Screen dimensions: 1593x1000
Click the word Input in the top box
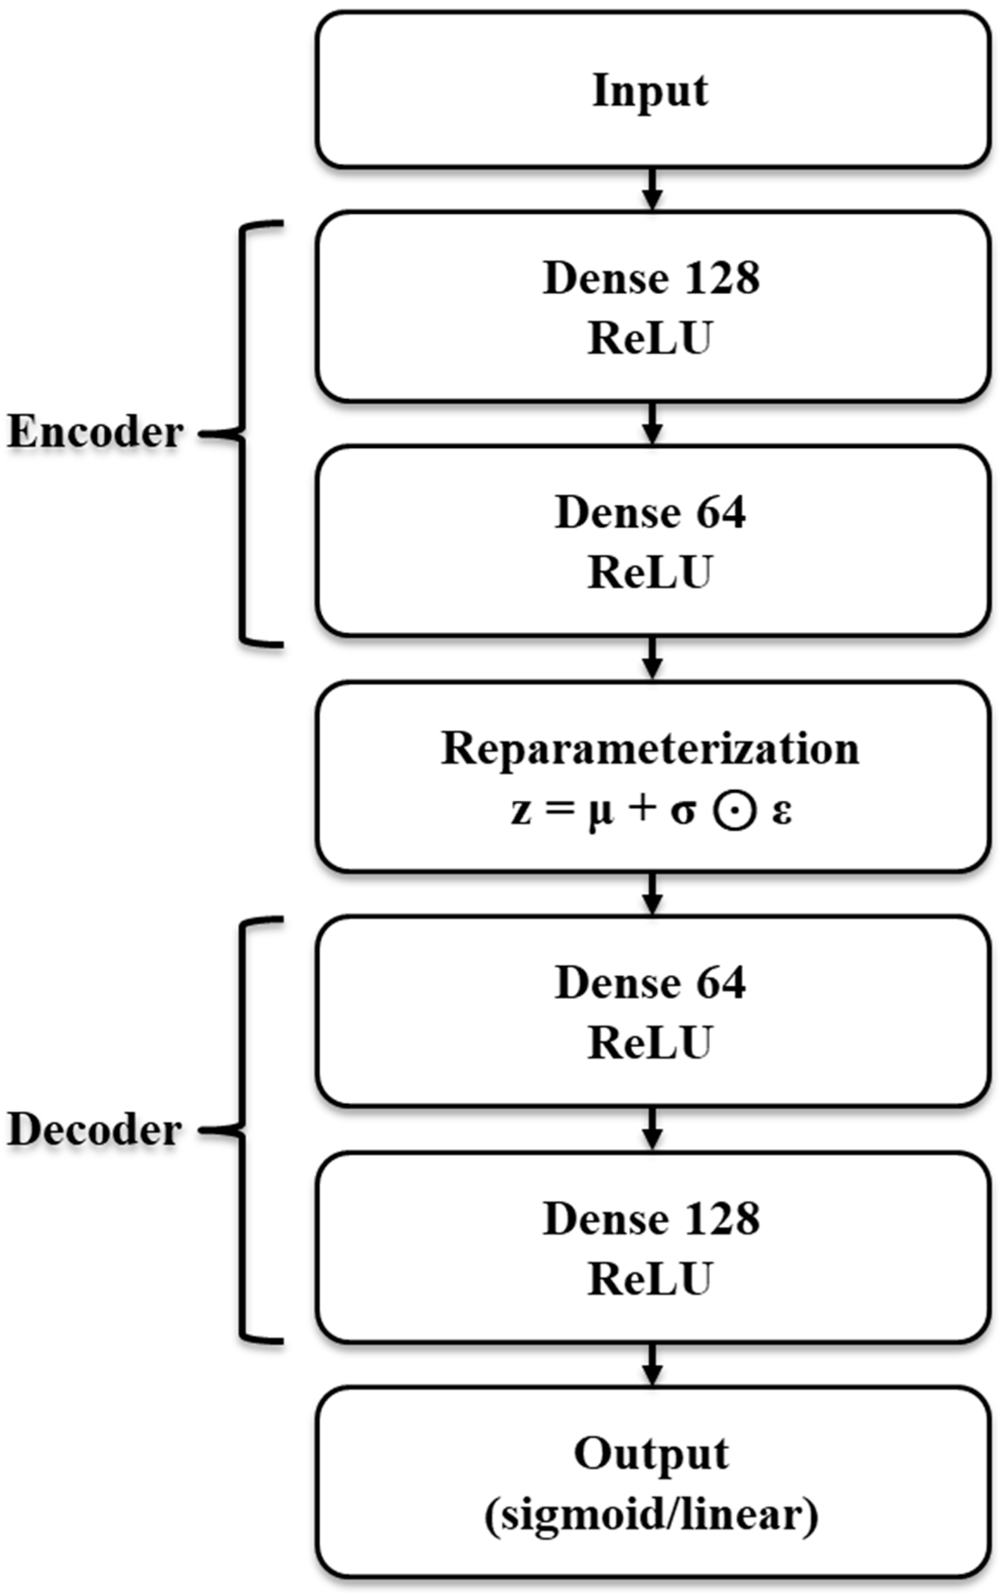(650, 91)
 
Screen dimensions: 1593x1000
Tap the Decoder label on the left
(94, 1130)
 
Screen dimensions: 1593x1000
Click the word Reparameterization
(650, 749)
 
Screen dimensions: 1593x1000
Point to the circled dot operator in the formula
(734, 812)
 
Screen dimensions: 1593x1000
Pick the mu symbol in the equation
(600, 814)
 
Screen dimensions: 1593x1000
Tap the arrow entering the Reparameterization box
(653, 659)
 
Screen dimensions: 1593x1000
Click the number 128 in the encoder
(722, 278)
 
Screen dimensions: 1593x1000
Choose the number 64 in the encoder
(722, 513)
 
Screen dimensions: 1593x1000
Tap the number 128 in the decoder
(722, 1219)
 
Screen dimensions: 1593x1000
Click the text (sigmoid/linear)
(651, 1515)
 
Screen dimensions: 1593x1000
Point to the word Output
(651, 1454)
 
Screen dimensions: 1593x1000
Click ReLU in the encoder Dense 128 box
(650, 339)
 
